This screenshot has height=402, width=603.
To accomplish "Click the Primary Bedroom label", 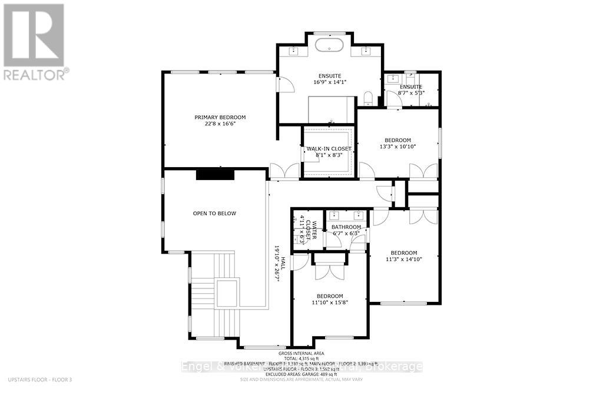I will (220, 117).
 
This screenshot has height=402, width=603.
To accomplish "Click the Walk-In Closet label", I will (328, 149).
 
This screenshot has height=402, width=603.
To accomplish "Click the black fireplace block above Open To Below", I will (216, 174).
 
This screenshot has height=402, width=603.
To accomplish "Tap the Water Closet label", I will (314, 232).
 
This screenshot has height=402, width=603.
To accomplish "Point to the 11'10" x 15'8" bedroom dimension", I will (329, 303).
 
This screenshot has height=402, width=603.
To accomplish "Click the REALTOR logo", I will (34, 42).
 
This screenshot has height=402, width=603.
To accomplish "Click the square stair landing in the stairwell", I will (227, 293).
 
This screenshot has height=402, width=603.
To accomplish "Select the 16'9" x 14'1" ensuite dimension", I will (329, 82).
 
